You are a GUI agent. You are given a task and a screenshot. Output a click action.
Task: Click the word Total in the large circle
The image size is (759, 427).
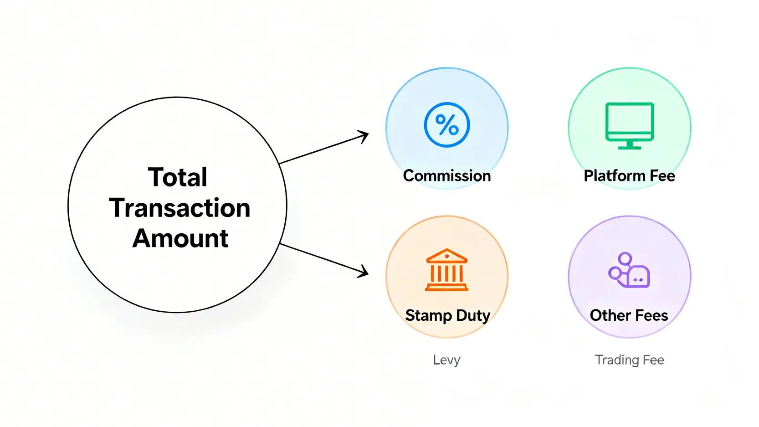[178, 177]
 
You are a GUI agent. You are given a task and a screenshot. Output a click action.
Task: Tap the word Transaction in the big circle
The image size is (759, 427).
[179, 208]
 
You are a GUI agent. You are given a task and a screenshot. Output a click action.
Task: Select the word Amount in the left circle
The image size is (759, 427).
[180, 238]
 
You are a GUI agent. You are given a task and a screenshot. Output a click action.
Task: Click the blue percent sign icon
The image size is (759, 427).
[447, 125]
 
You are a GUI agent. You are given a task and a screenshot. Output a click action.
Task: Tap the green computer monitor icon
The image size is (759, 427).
[630, 126]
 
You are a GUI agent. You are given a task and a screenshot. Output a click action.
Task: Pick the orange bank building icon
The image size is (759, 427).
[446, 270]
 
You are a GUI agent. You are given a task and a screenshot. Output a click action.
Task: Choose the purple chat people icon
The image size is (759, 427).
[629, 270]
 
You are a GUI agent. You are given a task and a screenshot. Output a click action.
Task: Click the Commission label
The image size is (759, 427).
[447, 175]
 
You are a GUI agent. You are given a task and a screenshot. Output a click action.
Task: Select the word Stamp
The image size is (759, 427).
[429, 315]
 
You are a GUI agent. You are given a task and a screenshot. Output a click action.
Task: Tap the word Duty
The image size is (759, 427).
[473, 315]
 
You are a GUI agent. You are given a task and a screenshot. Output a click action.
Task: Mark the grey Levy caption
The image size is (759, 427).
[446, 360]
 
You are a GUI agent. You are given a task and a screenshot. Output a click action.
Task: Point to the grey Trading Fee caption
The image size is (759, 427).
[630, 360]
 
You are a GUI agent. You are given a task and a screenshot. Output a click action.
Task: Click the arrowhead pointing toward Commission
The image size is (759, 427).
[364, 136]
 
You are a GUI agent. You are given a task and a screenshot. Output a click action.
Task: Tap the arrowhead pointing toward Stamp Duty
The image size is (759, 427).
[364, 272]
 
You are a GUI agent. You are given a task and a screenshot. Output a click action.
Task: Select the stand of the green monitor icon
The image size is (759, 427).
[630, 145]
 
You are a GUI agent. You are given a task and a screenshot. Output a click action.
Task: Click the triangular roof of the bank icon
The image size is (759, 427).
[446, 256]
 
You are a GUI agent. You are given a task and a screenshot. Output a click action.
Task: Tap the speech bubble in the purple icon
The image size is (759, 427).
[638, 277]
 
